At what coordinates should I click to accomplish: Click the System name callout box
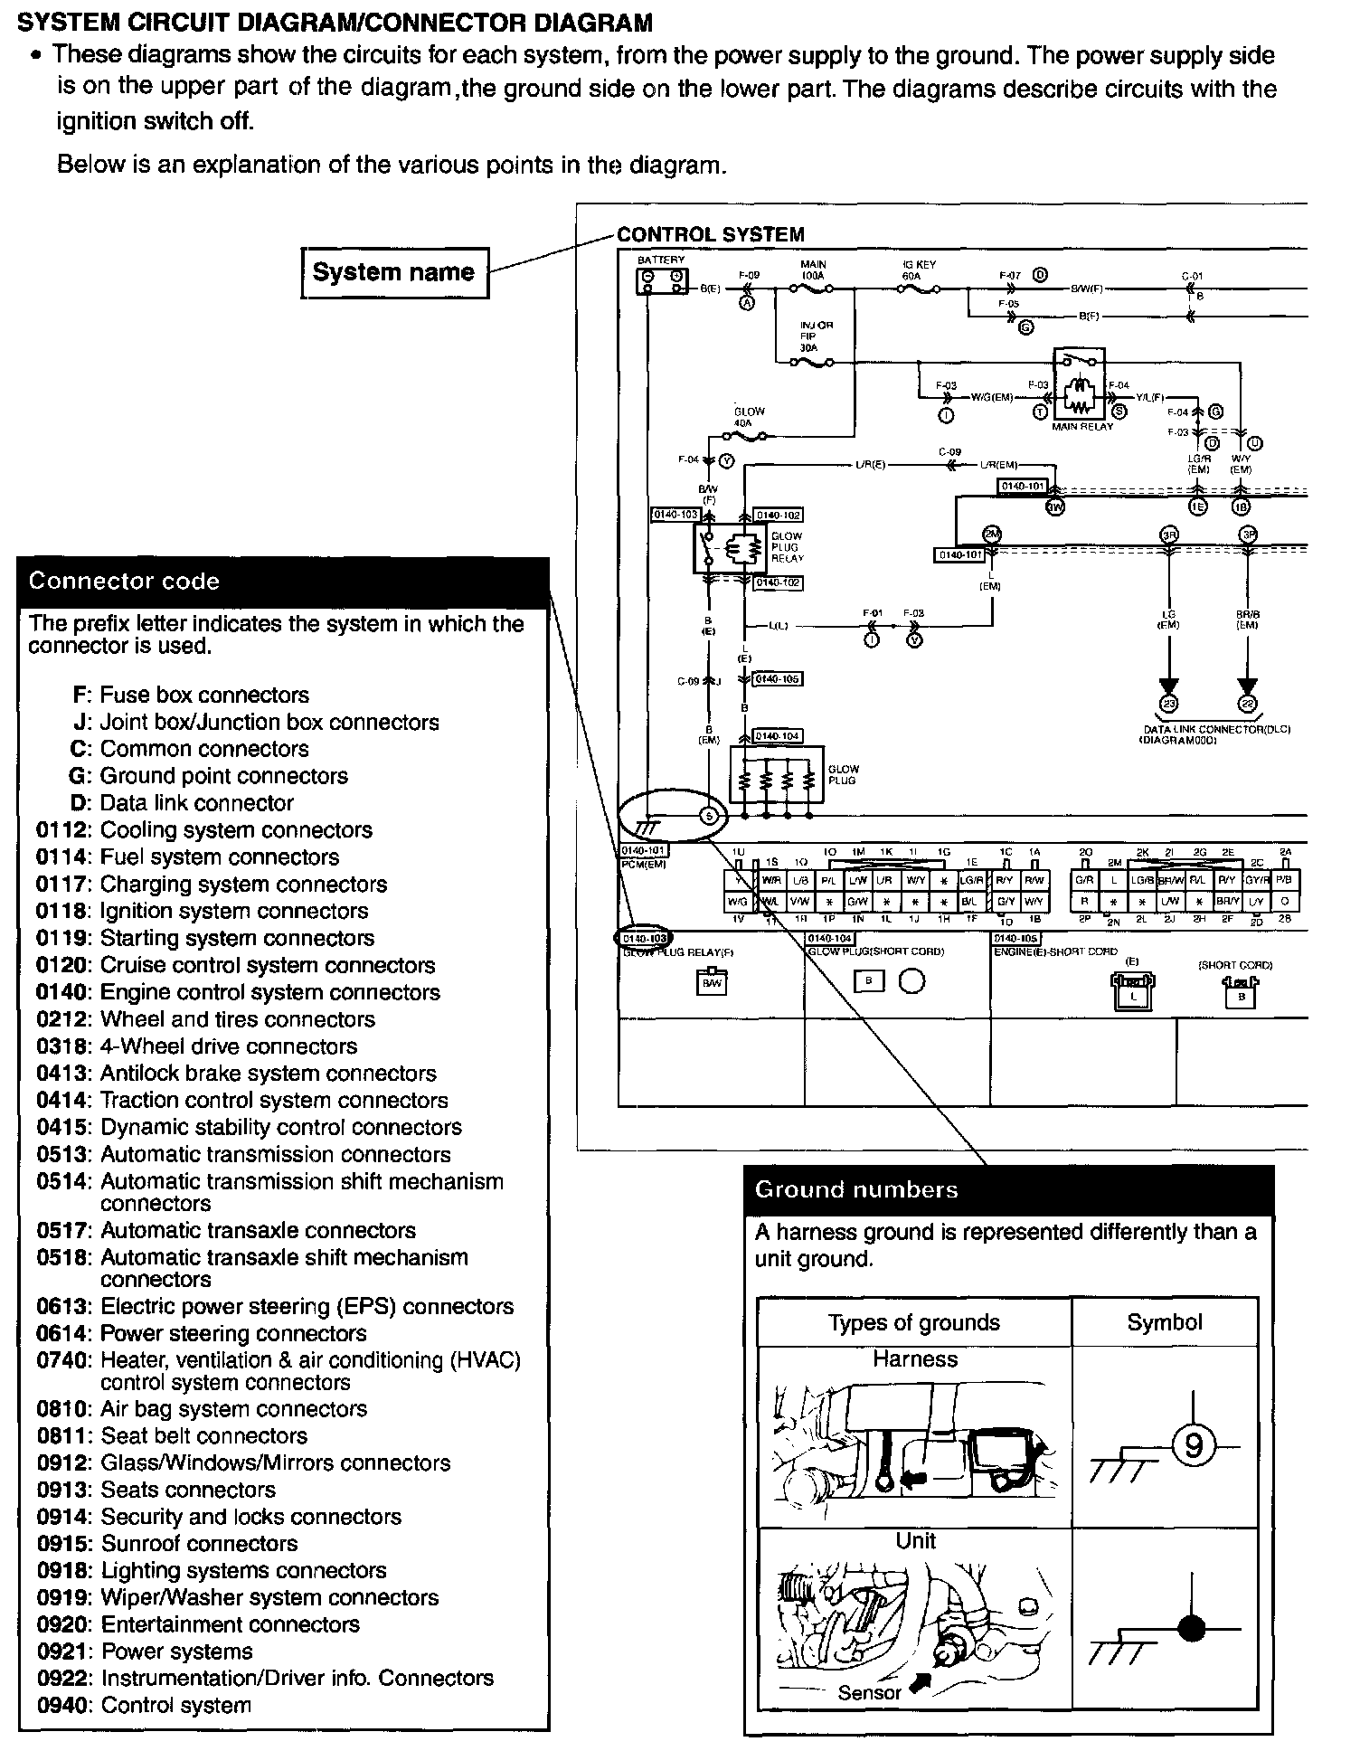(x=393, y=272)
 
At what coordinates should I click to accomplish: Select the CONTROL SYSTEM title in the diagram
(x=710, y=234)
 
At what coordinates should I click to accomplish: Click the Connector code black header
(x=283, y=581)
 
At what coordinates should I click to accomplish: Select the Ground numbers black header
(x=1007, y=1189)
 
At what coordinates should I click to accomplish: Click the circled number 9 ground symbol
(x=1194, y=1448)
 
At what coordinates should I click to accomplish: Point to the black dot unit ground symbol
(x=1193, y=1629)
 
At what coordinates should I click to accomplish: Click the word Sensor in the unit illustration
(x=869, y=1692)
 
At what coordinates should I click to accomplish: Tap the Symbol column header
(x=1165, y=1322)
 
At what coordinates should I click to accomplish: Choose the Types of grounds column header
(x=913, y=1322)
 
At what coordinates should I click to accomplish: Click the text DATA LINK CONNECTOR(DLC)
(x=1217, y=729)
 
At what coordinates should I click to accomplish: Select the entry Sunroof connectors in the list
(x=199, y=1544)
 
